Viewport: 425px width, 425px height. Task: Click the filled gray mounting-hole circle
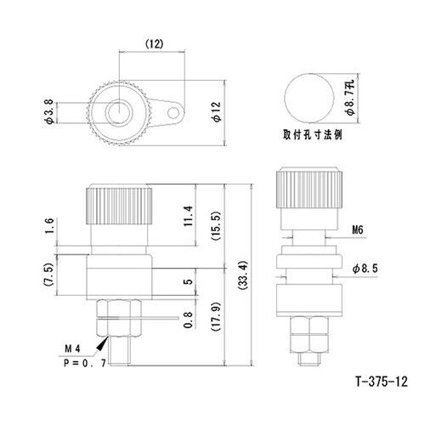click(306, 96)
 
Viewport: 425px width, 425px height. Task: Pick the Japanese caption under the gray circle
click(313, 134)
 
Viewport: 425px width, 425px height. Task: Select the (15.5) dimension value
click(216, 226)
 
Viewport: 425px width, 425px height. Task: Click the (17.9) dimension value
click(216, 321)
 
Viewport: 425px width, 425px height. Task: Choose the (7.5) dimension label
click(50, 274)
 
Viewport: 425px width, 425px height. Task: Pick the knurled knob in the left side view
click(119, 204)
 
